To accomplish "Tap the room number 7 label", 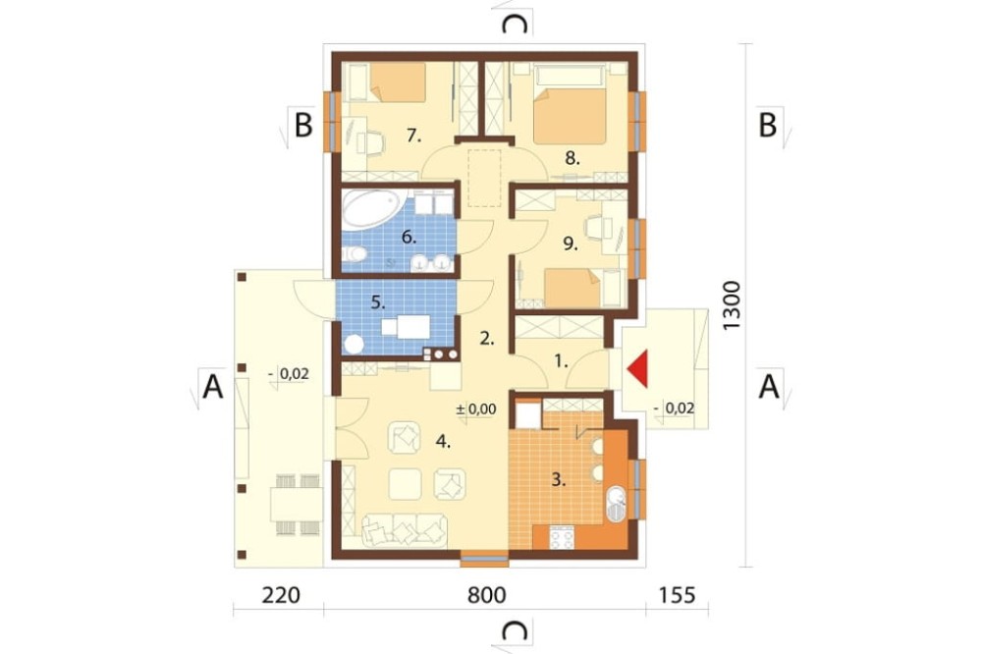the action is click(412, 135).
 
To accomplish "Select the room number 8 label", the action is click(572, 158).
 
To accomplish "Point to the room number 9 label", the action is click(570, 244).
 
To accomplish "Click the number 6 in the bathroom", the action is click(409, 237).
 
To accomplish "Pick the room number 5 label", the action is click(378, 302).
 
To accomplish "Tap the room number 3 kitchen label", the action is click(559, 480).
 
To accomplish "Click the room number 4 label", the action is click(444, 442).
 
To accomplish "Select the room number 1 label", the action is click(561, 360).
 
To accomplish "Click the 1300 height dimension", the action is click(731, 305).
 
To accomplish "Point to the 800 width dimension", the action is click(487, 594).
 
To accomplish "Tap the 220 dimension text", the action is click(281, 594).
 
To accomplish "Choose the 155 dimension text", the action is click(678, 594).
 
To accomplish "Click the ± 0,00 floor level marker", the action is click(476, 409).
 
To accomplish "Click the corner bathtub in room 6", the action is click(372, 209).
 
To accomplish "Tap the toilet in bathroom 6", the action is click(355, 254).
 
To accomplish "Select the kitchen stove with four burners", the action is click(562, 538).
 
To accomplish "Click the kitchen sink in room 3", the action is click(617, 505).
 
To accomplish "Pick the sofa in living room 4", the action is click(405, 530).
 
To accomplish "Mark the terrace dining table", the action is click(297, 505).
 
